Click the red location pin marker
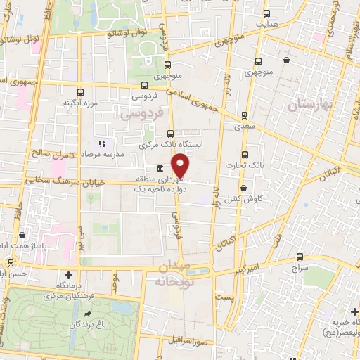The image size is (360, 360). tap(181, 167)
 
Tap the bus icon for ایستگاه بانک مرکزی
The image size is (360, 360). tap(170, 133)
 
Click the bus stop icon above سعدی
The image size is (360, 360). tap(244, 115)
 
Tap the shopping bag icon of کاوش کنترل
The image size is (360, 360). tap(244, 188)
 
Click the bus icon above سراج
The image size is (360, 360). tap(300, 257)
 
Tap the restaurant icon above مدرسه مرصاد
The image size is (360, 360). tap(103, 143)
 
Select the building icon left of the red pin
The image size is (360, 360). tap(160, 169)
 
